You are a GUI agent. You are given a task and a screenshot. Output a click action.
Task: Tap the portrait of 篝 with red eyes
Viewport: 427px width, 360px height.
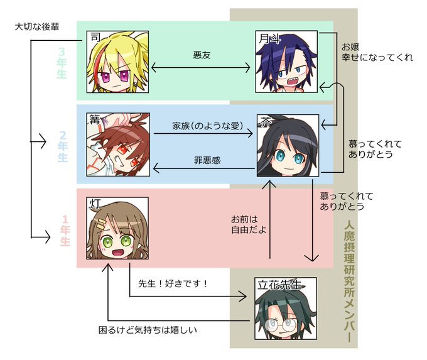[118, 144]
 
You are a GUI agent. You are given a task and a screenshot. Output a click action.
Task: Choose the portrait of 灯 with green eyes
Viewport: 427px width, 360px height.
[118, 230]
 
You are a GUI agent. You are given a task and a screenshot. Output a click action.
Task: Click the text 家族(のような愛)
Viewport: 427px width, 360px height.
[207, 126]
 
